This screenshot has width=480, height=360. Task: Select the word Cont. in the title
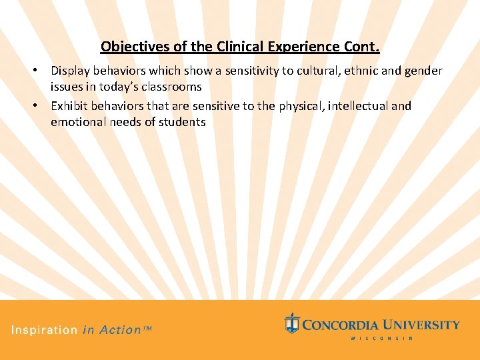coord(361,47)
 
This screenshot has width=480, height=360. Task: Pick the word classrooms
coord(173,87)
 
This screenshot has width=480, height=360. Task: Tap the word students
coord(183,122)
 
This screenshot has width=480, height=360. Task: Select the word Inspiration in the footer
coord(44,330)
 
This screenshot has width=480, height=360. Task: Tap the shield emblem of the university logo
coord(291,323)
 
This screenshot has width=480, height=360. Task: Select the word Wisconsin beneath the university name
coord(382,338)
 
